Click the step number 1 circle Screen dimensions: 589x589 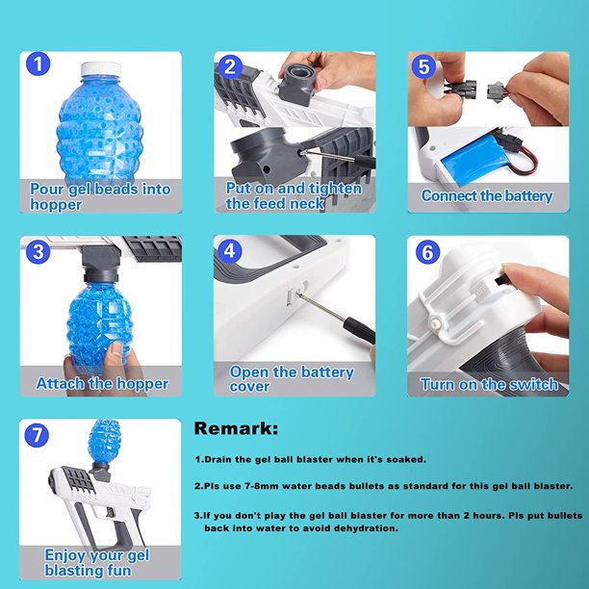(38, 64)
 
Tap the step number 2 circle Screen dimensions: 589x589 (229, 66)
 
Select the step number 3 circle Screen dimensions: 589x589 (38, 251)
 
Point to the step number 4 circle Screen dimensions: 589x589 (229, 250)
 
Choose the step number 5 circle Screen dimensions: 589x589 (423, 66)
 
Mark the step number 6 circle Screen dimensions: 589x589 (427, 252)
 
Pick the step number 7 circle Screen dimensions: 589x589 (37, 435)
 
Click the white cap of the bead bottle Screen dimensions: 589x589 (101, 69)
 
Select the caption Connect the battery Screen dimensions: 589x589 (487, 195)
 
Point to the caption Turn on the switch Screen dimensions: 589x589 (489, 384)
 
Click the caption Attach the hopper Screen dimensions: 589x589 (102, 384)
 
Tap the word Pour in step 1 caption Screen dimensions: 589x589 (47, 190)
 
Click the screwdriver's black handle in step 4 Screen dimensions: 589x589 (360, 330)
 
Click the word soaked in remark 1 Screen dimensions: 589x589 (406, 459)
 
